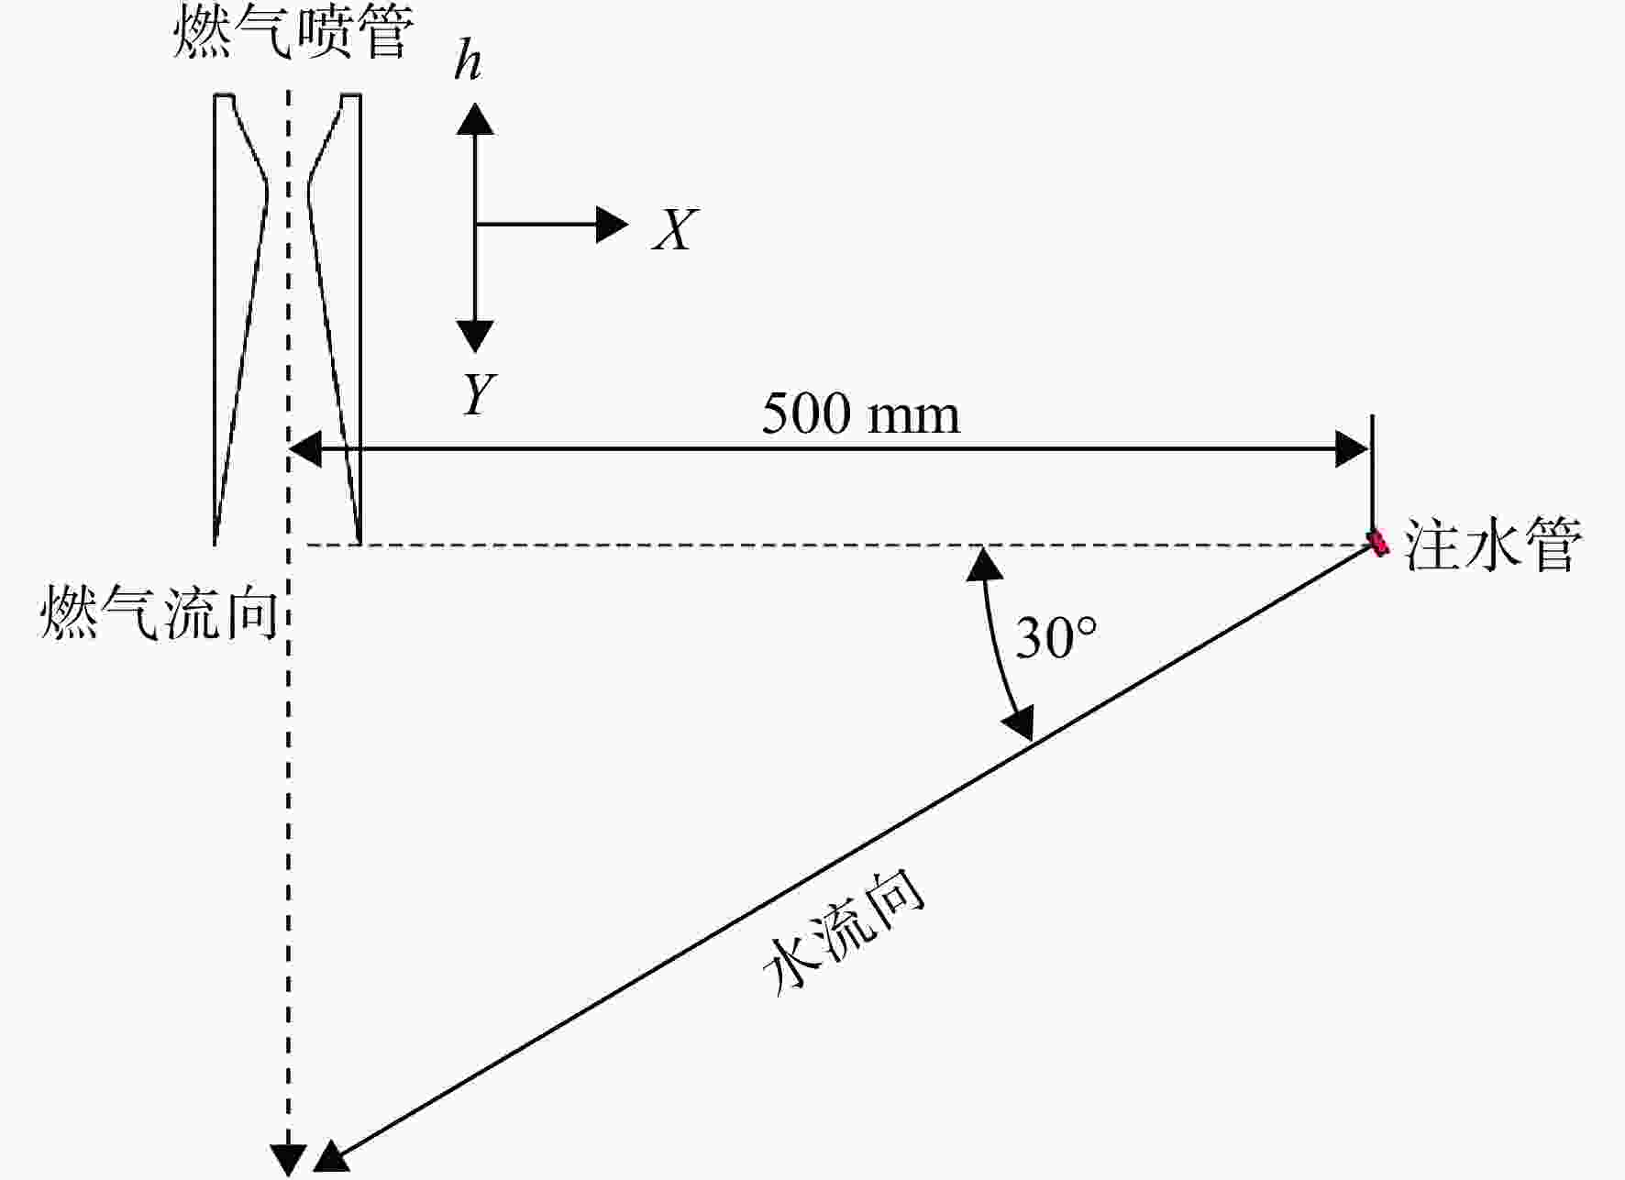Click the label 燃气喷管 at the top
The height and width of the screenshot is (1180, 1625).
293,31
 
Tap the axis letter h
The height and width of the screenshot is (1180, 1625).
468,61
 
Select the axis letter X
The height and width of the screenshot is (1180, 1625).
675,229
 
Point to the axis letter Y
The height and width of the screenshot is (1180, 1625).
479,394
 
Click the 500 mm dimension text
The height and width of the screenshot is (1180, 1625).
861,414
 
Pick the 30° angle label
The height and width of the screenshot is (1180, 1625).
1056,637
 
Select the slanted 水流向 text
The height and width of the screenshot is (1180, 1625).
844,931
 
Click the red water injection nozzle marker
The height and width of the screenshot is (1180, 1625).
1377,543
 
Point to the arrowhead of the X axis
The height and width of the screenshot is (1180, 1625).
612,225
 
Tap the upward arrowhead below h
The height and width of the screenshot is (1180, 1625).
475,119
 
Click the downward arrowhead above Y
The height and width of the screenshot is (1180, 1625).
475,336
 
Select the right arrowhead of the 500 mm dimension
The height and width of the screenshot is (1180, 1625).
1352,449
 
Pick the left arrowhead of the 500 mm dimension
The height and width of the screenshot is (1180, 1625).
305,449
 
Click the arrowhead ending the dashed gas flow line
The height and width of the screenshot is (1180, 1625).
288,1161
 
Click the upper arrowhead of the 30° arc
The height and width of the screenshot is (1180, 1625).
985,563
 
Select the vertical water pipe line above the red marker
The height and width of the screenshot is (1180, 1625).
1372,473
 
